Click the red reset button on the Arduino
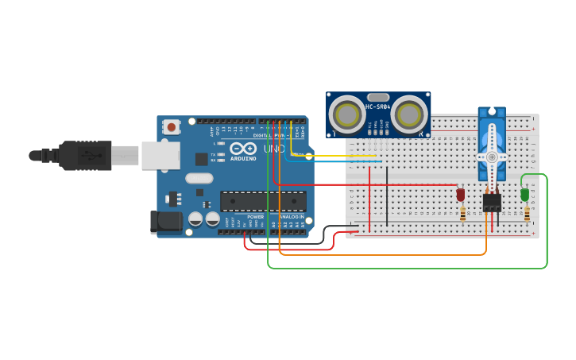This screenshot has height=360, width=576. click(170, 126)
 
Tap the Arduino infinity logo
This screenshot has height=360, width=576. click(242, 148)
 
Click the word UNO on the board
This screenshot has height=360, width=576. click(274, 149)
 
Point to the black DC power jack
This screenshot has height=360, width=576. click(165, 222)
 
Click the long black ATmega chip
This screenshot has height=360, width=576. click(263, 201)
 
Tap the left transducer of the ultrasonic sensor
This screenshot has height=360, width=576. click(348, 114)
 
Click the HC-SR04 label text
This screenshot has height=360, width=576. click(379, 106)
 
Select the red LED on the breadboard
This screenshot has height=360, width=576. click(460, 194)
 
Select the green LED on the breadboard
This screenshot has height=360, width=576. click(524, 194)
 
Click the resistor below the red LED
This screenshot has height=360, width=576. click(463, 214)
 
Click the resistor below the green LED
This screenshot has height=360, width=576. click(527, 214)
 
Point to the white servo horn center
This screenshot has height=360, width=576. click(492, 157)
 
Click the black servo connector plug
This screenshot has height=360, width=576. click(492, 203)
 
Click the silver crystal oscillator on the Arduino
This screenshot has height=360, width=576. click(199, 178)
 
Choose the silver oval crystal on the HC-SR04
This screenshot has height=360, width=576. click(379, 97)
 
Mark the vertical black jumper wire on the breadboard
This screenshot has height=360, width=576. click(387, 195)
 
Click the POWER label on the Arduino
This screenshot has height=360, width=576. click(256, 217)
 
